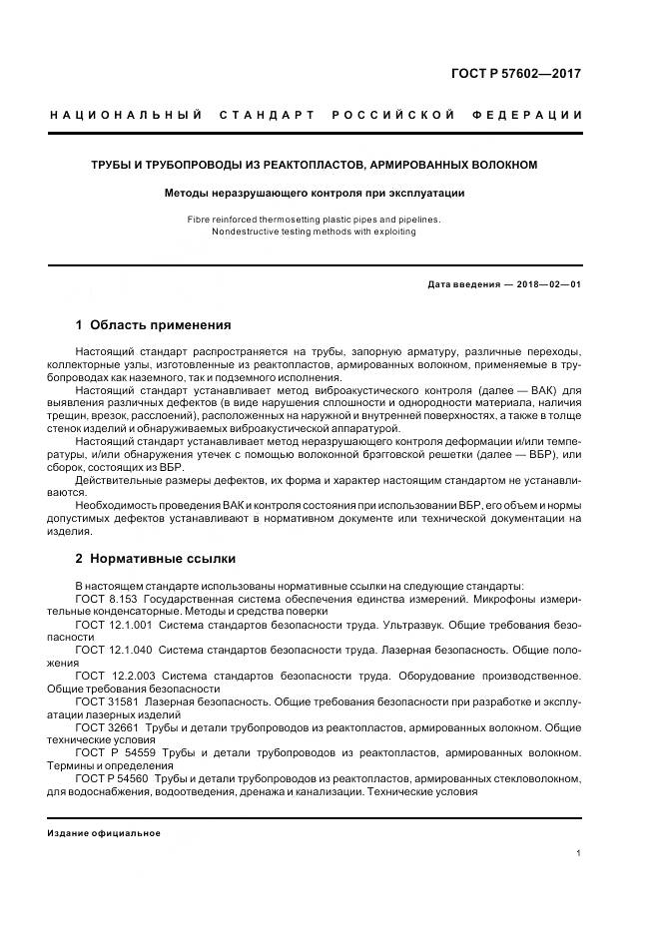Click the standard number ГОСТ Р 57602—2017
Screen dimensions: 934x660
coord(516,74)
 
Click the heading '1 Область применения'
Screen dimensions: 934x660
coord(153,324)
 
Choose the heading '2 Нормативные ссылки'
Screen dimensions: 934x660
coord(155,558)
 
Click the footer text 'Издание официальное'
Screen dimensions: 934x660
coord(104,832)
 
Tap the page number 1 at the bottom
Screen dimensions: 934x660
coord(579,853)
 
